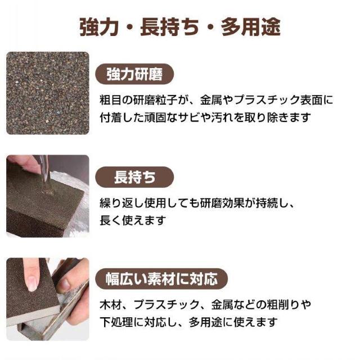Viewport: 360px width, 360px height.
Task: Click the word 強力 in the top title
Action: pos(100,26)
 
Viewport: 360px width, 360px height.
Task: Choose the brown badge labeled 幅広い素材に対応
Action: pos(161,278)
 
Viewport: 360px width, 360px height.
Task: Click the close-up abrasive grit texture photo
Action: pos(48,93)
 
